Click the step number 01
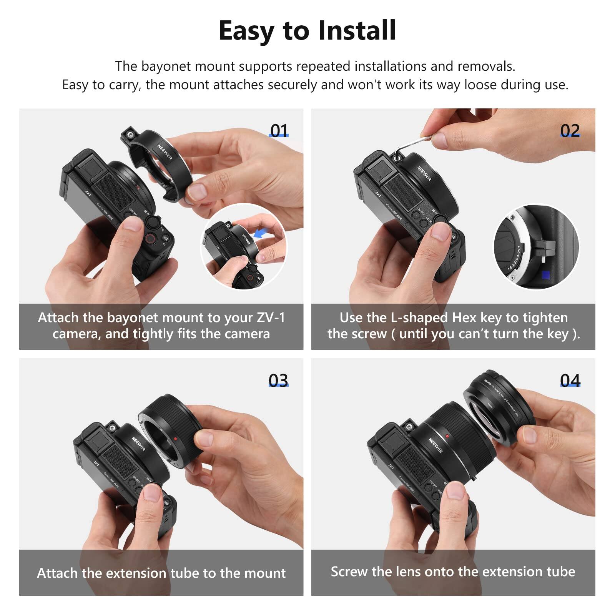point(279,131)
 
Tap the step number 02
point(570,131)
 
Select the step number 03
point(278,380)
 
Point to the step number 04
point(570,380)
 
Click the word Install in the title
point(357,31)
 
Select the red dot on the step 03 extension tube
point(175,439)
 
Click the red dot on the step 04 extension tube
point(447,436)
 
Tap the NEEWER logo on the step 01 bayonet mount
point(165,152)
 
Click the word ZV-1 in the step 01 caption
point(271,317)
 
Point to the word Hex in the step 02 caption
point(464,317)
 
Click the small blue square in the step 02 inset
point(545,275)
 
